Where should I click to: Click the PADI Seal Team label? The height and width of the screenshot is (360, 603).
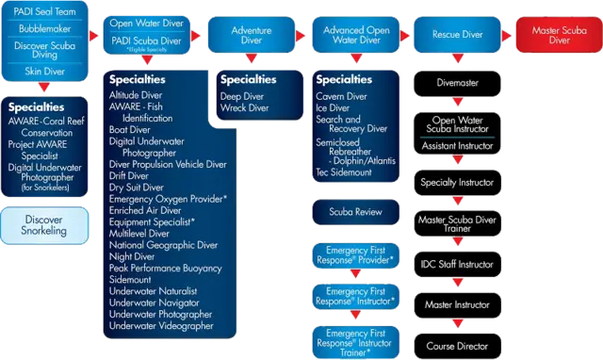[x=44, y=12]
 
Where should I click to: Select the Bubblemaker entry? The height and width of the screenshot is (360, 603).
[x=44, y=29]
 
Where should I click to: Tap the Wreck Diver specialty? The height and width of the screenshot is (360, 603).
[x=245, y=108]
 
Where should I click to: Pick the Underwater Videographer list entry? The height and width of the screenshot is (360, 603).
[x=159, y=326]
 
